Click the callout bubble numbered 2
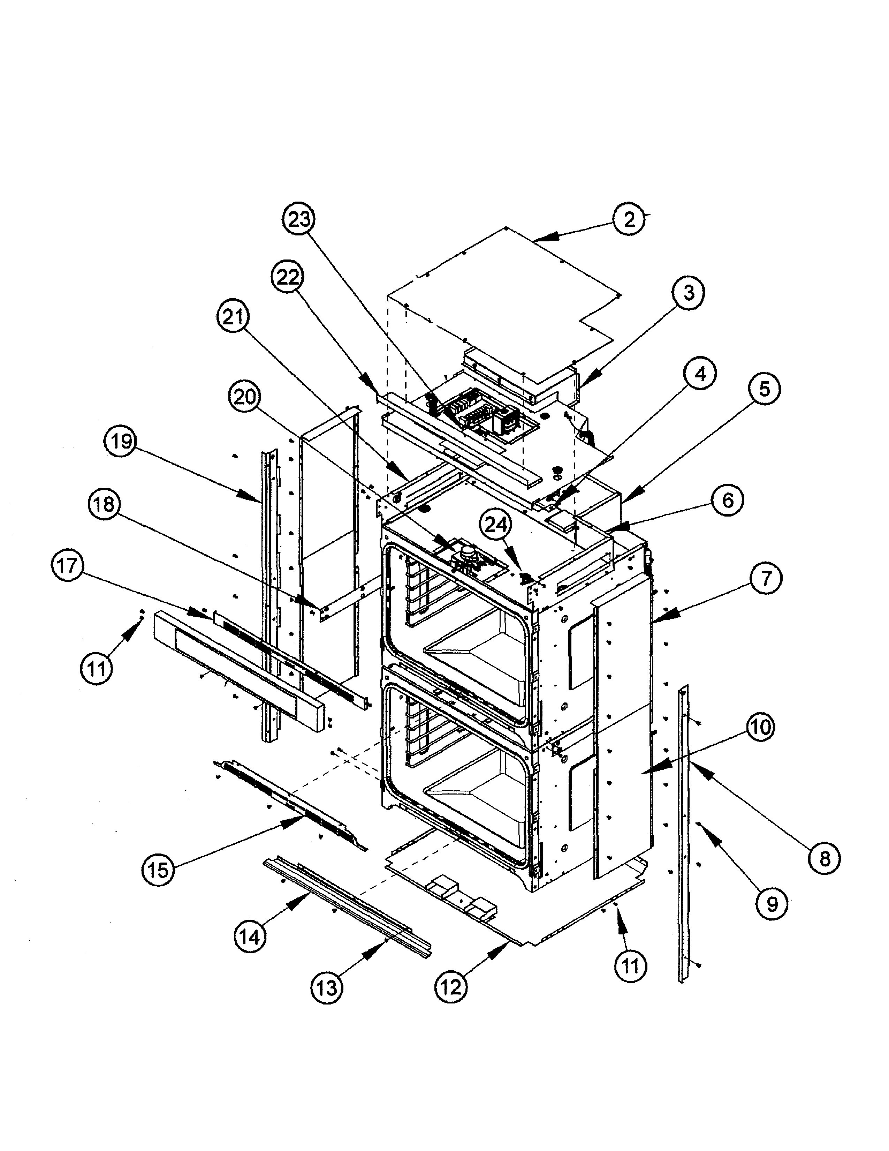[629, 219]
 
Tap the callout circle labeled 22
[288, 277]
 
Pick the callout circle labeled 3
[689, 293]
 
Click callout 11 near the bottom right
[630, 965]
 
